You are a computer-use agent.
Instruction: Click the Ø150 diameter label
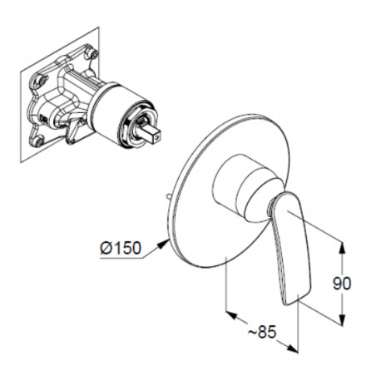tap(121, 247)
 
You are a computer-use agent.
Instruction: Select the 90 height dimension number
tap(342, 284)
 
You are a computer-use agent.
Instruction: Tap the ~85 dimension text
tap(262, 331)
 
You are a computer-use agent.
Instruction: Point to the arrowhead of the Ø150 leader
tap(164, 243)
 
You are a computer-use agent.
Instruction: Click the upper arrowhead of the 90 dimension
tap(343, 248)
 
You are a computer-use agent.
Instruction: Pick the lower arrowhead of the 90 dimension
tap(343, 319)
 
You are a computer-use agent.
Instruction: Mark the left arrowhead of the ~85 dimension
tap(232, 315)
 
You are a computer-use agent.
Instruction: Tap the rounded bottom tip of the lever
tap(289, 303)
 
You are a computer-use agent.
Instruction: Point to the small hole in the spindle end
tap(157, 136)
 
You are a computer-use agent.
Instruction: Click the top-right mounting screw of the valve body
tap(92, 53)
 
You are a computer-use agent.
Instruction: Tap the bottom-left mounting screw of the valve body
tap(39, 141)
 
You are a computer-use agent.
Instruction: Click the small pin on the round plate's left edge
tap(168, 197)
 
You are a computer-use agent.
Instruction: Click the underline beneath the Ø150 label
tap(122, 258)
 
